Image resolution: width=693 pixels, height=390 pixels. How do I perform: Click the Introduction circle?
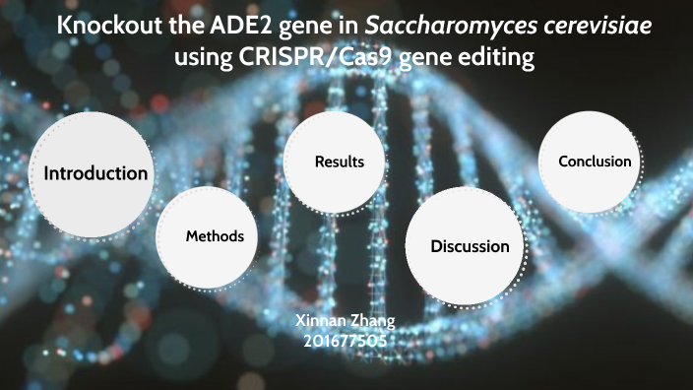point(94,173)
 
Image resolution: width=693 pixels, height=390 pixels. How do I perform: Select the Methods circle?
point(215,236)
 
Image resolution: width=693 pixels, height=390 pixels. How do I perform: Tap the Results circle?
point(339,162)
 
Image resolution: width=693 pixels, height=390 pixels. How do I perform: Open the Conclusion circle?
point(595,162)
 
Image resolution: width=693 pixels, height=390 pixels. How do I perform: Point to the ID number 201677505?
point(345,341)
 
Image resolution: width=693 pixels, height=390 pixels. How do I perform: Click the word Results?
point(339,162)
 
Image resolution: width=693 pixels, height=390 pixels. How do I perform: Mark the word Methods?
point(215,236)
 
